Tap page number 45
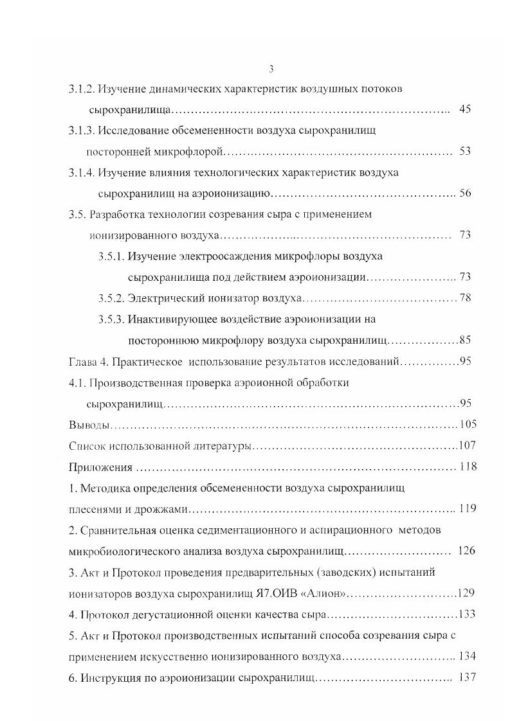(466, 109)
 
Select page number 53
(466, 151)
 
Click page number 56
(466, 193)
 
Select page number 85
(466, 340)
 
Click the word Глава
(83, 361)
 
